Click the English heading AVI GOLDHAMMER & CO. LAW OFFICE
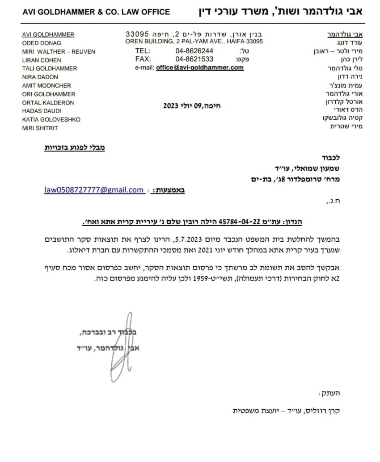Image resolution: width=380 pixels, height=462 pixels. click(x=96, y=12)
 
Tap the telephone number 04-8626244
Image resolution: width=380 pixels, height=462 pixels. click(x=194, y=51)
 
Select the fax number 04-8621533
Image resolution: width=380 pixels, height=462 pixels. click(x=194, y=59)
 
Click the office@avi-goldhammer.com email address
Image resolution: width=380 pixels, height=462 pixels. click(x=200, y=67)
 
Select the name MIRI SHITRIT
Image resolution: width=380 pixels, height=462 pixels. click(x=40, y=128)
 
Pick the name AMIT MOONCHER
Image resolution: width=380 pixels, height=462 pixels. click(x=46, y=85)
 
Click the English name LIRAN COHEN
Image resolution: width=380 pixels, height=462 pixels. click(x=42, y=60)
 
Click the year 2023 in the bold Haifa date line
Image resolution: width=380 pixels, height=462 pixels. click(x=171, y=106)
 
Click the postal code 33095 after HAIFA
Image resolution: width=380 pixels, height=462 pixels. click(x=254, y=42)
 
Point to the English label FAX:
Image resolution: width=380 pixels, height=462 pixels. click(x=143, y=59)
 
